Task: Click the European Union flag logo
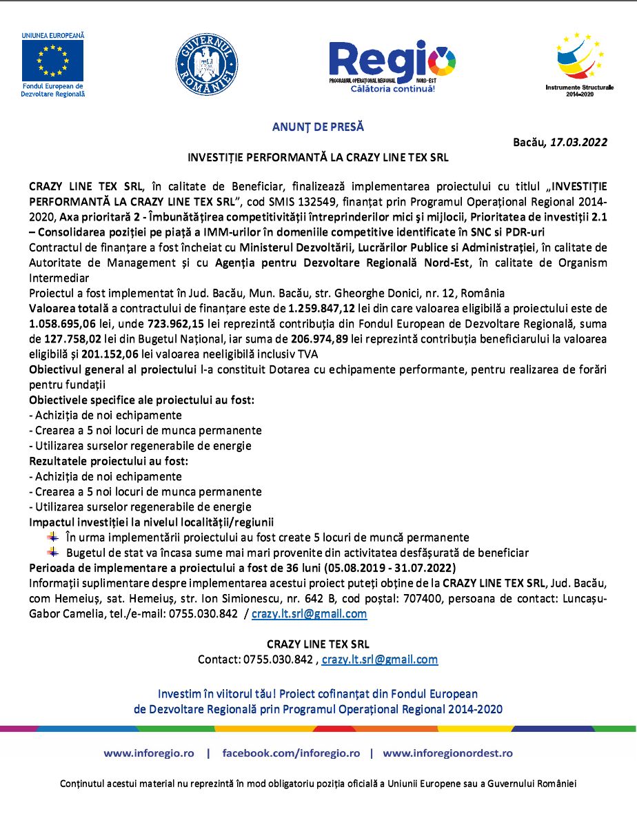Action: pos(52,61)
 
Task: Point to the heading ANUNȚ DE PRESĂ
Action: pos(318,127)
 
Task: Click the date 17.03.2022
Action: pos(578,143)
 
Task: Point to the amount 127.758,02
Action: pos(74,338)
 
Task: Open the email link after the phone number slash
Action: pos(309,614)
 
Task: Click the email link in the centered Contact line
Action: pos(379,660)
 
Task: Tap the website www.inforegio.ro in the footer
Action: pos(149,753)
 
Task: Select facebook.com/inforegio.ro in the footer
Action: pos(291,753)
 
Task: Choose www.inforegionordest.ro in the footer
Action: pos(447,753)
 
